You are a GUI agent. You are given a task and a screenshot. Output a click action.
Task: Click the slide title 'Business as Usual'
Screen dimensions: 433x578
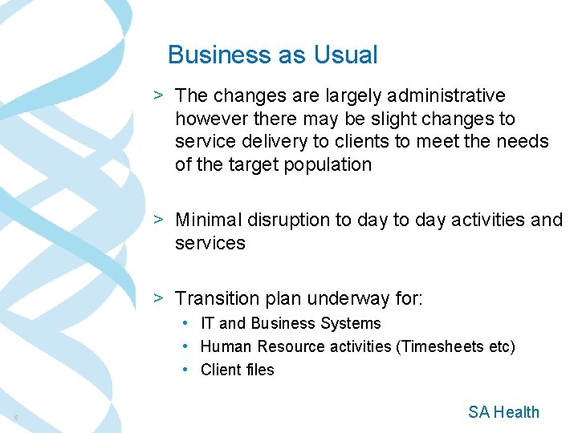tap(272, 55)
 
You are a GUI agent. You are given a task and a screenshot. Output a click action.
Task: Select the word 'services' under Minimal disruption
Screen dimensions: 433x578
tap(210, 243)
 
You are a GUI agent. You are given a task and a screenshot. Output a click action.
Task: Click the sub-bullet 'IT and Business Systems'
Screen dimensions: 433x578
tap(290, 323)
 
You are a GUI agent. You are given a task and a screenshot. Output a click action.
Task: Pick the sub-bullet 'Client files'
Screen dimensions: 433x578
tap(237, 370)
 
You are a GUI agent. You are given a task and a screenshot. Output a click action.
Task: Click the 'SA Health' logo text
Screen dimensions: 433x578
tap(503, 412)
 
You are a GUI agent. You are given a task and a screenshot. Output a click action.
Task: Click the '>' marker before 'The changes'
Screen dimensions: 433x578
tap(160, 95)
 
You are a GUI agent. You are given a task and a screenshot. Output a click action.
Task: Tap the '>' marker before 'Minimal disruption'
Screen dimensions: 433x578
tap(160, 220)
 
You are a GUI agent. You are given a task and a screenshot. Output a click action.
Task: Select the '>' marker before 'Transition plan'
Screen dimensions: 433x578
tap(160, 298)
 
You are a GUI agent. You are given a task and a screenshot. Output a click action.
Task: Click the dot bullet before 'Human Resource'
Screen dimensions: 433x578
tap(185, 346)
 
